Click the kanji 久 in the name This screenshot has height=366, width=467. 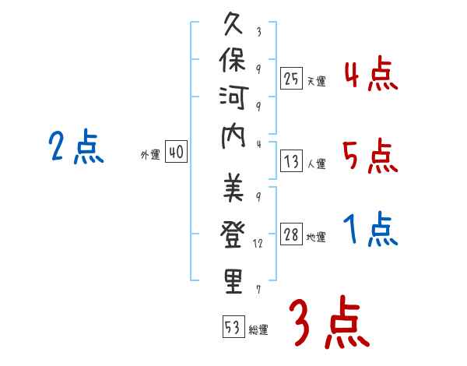[233, 24]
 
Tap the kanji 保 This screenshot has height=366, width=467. [233, 60]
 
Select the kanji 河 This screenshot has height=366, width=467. [233, 97]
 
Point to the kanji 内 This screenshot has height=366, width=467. [233, 137]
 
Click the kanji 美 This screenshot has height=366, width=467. [233, 187]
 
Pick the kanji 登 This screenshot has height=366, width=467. [233, 234]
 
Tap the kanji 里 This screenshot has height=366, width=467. [233, 281]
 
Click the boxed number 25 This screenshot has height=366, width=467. [291, 79]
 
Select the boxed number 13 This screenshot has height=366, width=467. [291, 161]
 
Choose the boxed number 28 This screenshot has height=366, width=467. [291, 234]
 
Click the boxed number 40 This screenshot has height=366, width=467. [177, 151]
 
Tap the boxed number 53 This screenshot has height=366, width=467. [233, 326]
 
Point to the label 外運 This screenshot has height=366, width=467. [150, 155]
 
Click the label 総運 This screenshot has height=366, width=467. [258, 329]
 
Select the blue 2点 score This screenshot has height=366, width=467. [76, 146]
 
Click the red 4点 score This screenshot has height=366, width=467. [371, 73]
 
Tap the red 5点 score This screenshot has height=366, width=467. [370, 156]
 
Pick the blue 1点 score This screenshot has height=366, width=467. [370, 229]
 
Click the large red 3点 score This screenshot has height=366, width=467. [329, 322]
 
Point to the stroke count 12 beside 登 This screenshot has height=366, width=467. [258, 244]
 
